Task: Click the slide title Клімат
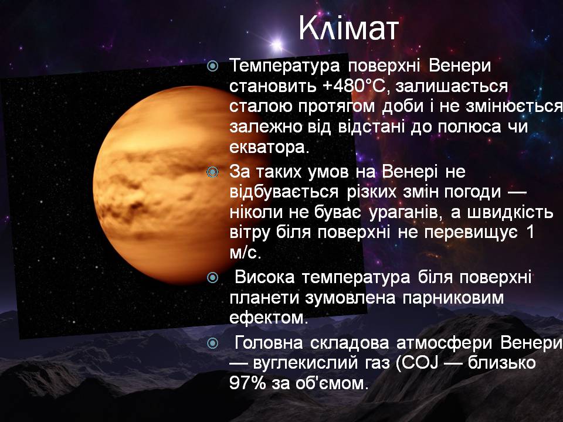pos(348,28)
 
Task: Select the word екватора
pos(269,147)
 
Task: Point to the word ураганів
pos(405,212)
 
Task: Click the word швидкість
pos(510,212)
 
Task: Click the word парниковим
pos(453,298)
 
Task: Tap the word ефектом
pos(269,318)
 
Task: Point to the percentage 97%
pos(247,383)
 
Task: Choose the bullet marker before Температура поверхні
pos(212,66)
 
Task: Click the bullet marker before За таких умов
pos(212,172)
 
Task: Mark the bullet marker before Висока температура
pos(212,277)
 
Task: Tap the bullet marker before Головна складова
pos(212,343)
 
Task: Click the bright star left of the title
pos(277,45)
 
